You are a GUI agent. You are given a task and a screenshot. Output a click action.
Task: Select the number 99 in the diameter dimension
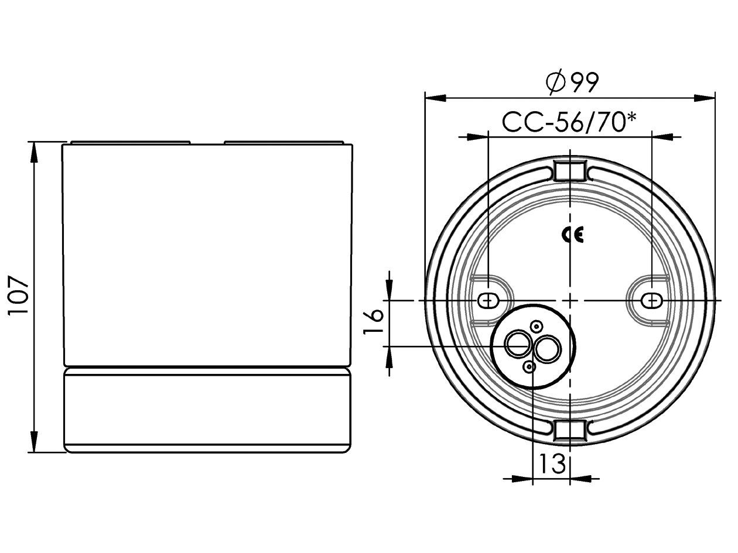582,83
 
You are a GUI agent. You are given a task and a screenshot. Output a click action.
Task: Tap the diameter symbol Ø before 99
555,83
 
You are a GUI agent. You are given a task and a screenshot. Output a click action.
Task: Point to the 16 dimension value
374,321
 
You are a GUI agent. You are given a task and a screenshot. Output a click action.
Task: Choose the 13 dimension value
552,463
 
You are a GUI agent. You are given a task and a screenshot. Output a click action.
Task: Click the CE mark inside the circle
572,235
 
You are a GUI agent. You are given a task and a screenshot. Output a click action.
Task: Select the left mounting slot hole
487,300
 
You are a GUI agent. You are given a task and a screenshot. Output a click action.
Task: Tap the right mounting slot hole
651,300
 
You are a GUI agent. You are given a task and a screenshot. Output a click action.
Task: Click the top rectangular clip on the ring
569,171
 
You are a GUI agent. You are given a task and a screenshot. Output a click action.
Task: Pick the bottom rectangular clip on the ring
569,430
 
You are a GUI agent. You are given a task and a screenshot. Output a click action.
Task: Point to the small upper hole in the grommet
537,326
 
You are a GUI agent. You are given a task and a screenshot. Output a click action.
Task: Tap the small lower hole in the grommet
529,367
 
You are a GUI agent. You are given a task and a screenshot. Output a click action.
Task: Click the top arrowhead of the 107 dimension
34,152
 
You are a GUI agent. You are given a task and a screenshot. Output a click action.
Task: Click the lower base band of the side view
208,410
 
